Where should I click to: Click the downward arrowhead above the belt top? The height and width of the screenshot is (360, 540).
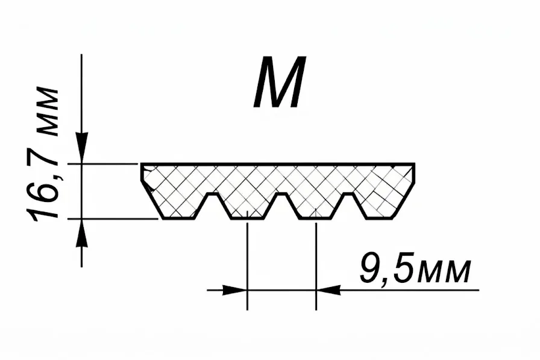click(x=81, y=148)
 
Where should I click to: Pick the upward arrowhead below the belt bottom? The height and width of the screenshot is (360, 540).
click(x=81, y=233)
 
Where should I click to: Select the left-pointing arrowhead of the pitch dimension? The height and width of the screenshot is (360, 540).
click(x=328, y=290)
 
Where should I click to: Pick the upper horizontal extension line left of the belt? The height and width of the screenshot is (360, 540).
click(x=102, y=165)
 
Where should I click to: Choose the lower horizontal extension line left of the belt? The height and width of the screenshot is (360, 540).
click(x=113, y=219)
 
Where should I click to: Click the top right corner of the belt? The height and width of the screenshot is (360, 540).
click(x=415, y=163)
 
